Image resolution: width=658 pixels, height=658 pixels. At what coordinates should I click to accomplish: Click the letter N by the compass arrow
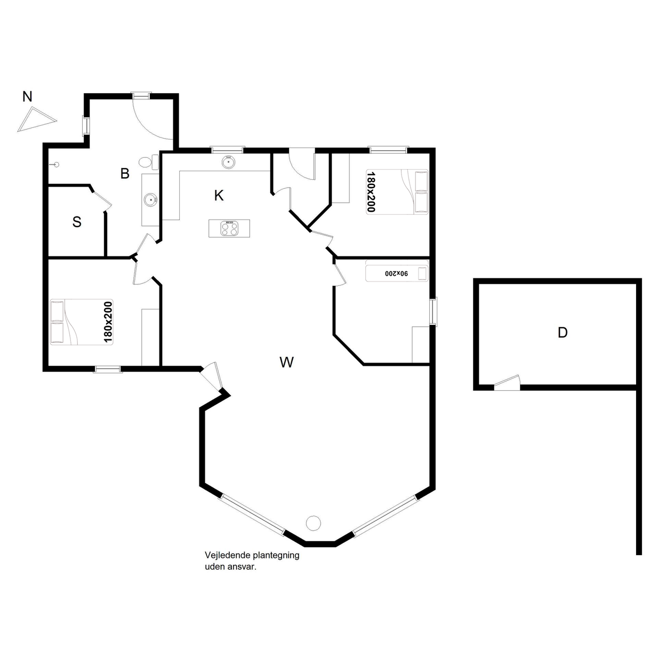pyautogui.click(x=27, y=97)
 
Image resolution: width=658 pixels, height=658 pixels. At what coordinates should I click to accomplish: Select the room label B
pyautogui.click(x=125, y=174)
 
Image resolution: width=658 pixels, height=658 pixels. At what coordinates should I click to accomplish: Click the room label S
pyautogui.click(x=77, y=222)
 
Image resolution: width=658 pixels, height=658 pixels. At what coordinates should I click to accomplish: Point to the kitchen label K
pyautogui.click(x=219, y=196)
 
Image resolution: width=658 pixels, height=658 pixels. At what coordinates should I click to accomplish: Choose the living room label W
pyautogui.click(x=286, y=362)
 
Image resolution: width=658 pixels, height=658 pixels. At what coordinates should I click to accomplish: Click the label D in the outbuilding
pyautogui.click(x=563, y=332)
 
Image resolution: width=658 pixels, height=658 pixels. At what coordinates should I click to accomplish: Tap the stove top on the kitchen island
pyautogui.click(x=229, y=228)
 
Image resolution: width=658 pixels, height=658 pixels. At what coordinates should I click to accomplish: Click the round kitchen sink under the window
pyautogui.click(x=228, y=162)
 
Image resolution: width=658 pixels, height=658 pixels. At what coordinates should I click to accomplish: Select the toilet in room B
pyautogui.click(x=149, y=162)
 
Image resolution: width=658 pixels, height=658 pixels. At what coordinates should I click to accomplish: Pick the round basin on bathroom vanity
pyautogui.click(x=150, y=199)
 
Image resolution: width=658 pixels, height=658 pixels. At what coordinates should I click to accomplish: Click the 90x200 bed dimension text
pyautogui.click(x=397, y=274)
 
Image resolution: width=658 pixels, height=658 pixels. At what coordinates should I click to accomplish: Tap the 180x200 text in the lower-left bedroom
pyautogui.click(x=108, y=322)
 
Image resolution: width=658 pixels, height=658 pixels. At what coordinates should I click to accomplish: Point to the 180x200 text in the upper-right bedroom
pyautogui.click(x=371, y=191)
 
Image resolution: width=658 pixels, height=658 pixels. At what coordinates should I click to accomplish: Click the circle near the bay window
pyautogui.click(x=313, y=523)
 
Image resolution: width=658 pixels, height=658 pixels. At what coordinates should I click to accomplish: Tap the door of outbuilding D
pyautogui.click(x=507, y=383)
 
